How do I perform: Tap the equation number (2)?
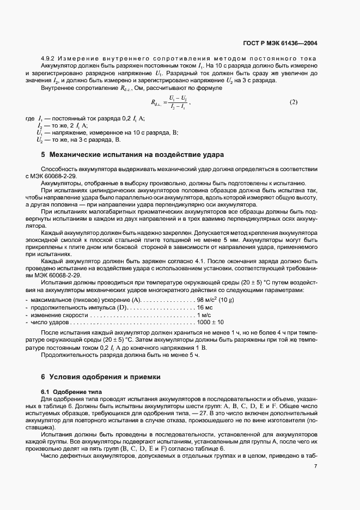pyautogui.click(x=293, y=102)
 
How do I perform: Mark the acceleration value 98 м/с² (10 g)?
pyautogui.click(x=216, y=300)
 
